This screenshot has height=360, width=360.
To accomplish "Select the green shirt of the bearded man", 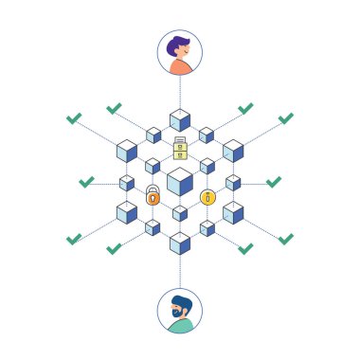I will coord(180,326).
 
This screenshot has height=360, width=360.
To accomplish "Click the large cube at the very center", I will coord(180,181).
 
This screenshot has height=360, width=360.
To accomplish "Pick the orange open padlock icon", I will coord(153,196).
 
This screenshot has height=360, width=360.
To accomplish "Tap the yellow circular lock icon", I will coord(207,197).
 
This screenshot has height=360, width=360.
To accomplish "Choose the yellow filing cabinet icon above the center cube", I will coord(180,149).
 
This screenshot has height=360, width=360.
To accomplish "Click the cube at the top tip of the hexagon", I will coord(180,120).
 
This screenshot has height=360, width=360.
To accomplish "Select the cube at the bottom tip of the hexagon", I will coord(180,243).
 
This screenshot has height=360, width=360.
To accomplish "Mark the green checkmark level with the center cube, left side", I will coord(86,180).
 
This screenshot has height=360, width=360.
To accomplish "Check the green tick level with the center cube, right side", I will coord(274,180).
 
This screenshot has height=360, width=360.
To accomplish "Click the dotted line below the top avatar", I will coord(180,92).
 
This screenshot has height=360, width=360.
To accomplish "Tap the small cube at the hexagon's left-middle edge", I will coord(127,182).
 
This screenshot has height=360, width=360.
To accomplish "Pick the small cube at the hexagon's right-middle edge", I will coord(233,182).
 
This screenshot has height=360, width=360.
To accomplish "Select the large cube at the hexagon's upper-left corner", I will coord(127,151).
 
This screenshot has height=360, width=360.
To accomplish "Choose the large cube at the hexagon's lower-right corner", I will coord(233,212).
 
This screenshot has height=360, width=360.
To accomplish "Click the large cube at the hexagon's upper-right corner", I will coord(233,151).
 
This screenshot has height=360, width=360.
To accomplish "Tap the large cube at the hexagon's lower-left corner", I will coord(127,212).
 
